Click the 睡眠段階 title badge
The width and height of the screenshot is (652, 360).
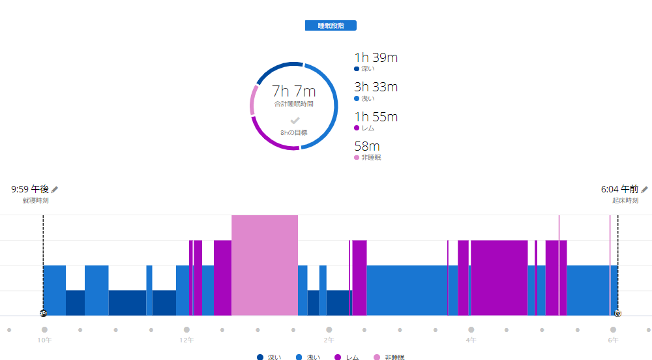click(331, 26)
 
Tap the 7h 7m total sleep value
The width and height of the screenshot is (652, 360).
click(293, 91)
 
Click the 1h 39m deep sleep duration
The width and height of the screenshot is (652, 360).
click(376, 57)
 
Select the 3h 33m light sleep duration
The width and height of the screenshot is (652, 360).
click(376, 87)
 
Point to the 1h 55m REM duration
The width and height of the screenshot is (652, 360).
click(376, 117)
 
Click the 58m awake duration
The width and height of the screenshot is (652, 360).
click(367, 147)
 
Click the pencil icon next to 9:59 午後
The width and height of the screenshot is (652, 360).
click(55, 189)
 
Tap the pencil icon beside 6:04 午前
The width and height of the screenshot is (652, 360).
click(644, 189)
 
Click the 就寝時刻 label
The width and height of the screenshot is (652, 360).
click(35, 200)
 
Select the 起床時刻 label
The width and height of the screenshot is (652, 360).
click(625, 200)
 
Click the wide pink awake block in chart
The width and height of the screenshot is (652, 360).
click(265, 264)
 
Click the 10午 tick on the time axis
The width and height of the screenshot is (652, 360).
click(44, 340)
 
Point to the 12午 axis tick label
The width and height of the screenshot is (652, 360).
click(186, 340)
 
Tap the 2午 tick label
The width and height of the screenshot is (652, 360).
click(329, 340)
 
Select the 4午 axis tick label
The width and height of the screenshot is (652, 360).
click(471, 340)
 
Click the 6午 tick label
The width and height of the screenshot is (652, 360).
click(613, 340)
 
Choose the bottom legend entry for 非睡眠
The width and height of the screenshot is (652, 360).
click(389, 357)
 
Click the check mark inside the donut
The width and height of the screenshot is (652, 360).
click(295, 121)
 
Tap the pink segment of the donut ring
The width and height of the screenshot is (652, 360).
click(252, 102)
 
